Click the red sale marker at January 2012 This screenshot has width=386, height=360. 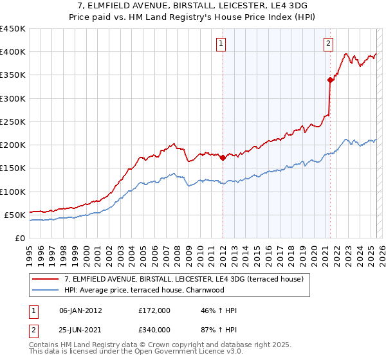(223, 157)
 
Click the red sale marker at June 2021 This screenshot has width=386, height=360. (330, 80)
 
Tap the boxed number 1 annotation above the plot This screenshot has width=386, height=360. (221, 44)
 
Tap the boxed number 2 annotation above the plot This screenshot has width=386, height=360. (328, 44)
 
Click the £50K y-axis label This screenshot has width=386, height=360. (15, 215)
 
